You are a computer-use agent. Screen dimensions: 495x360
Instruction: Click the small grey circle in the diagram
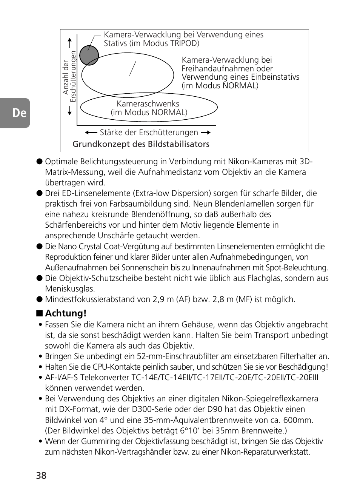pyautogui.click(x=89, y=55)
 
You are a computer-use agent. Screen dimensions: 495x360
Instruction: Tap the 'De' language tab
pyautogui.click(x=17, y=113)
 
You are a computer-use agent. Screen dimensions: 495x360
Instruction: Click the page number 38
pyautogui.click(x=41, y=475)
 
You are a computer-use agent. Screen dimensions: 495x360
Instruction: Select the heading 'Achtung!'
pyautogui.click(x=66, y=313)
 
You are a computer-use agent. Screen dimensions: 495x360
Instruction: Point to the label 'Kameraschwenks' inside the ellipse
pyautogui.click(x=148, y=104)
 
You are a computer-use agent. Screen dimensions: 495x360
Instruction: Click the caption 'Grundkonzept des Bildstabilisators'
pyautogui.click(x=141, y=144)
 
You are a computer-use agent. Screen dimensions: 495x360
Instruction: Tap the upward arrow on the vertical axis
pyautogui.click(x=69, y=42)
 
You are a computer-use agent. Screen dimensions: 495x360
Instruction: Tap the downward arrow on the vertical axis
pyautogui.click(x=69, y=110)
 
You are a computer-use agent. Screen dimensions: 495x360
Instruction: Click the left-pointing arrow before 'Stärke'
pyautogui.click(x=91, y=133)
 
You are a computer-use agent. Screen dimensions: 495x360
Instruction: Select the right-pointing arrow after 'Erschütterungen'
pyautogui.click(x=206, y=133)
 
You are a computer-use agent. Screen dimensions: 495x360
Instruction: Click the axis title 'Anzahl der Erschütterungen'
pyautogui.click(x=69, y=77)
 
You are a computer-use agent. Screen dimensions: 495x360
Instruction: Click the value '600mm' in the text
pyautogui.click(x=300, y=420)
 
